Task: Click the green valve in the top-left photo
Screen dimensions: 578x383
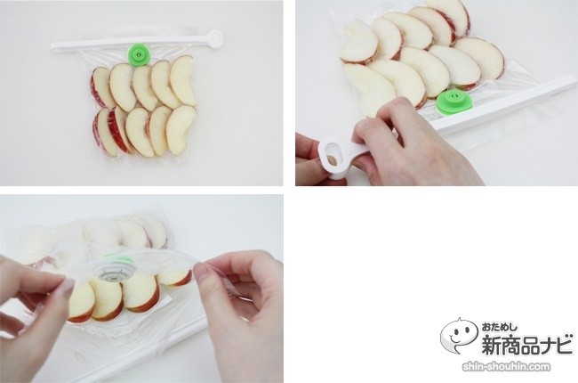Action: coord(138,55)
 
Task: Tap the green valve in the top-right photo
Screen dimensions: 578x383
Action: coord(454,102)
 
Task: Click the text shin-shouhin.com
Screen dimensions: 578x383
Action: coord(506,367)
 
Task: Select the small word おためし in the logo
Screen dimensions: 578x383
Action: coord(499,327)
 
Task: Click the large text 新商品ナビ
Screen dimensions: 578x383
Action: coord(527,344)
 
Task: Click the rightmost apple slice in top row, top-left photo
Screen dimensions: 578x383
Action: coord(183,80)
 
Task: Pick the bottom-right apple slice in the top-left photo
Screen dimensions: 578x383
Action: coord(181,129)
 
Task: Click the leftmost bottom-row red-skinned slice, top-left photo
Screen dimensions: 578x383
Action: coord(104,133)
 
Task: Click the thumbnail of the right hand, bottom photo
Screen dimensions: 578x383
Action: coord(201,271)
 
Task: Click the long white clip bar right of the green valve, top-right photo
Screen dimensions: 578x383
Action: coord(509,104)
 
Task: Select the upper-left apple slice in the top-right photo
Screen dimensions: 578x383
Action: coord(358,41)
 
